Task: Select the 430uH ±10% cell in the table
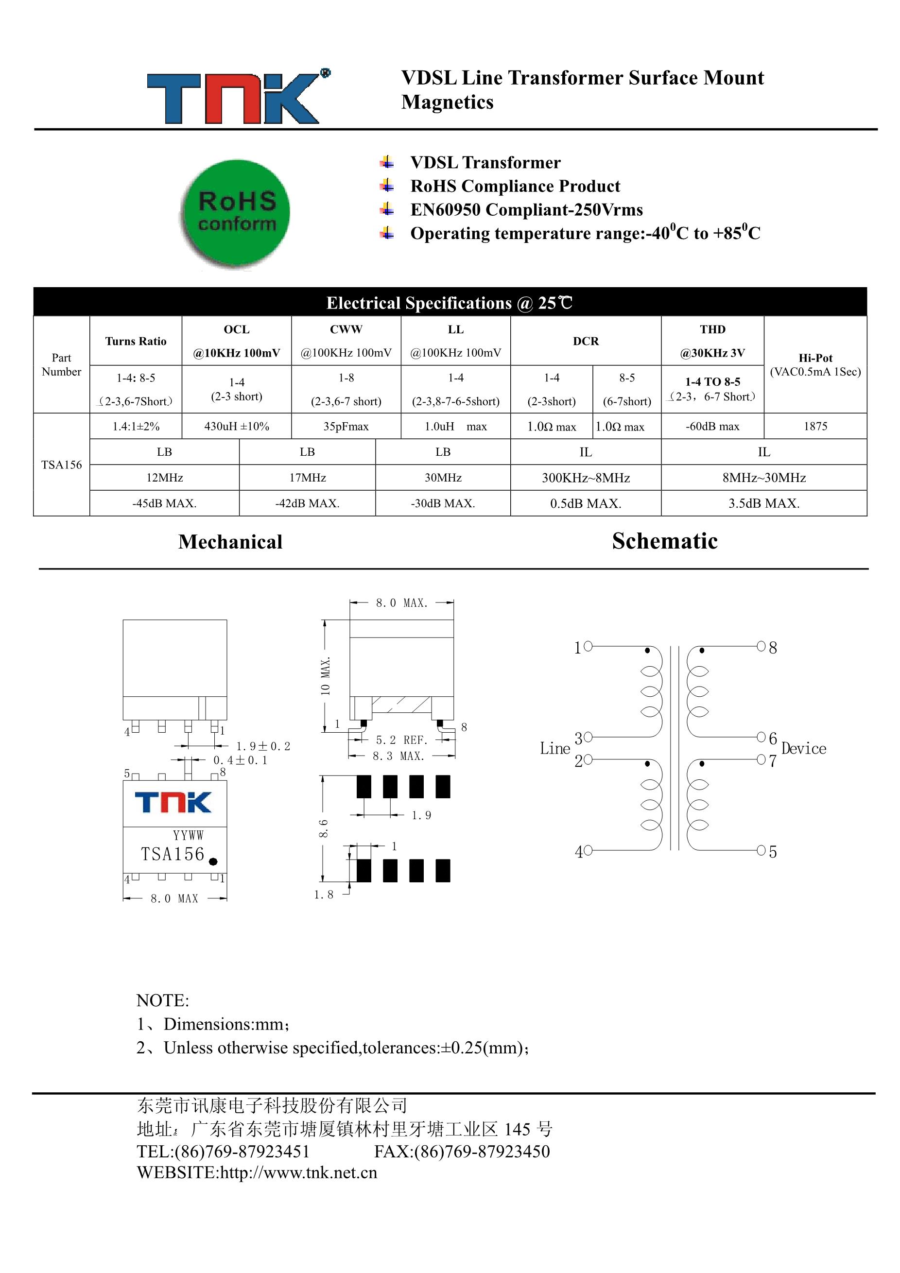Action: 236,427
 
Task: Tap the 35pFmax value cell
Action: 346,427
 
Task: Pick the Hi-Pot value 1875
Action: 815,427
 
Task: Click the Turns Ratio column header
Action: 136,341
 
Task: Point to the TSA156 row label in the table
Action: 61,464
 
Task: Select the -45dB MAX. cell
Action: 164,503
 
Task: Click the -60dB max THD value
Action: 712,427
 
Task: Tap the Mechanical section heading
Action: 230,542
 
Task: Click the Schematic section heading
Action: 664,541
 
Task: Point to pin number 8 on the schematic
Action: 773,648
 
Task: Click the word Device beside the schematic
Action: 803,749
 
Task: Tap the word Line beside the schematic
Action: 554,749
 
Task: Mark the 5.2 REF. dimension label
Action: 401,740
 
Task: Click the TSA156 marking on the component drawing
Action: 173,854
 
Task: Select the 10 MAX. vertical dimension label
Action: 326,676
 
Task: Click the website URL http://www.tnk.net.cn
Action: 298,1172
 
